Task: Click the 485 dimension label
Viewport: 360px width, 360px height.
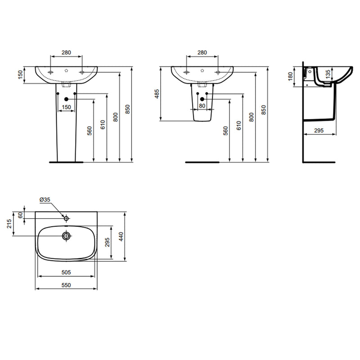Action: coord(157,94)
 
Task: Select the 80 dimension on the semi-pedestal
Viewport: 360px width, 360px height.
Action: coord(202,106)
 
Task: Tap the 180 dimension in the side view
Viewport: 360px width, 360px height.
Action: coord(290,77)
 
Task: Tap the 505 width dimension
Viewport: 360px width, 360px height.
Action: coord(66,273)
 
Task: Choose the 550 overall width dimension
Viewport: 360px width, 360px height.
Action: coord(66,285)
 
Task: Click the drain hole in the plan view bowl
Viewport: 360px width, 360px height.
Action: coord(66,235)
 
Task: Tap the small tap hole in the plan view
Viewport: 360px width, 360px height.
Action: coord(66,218)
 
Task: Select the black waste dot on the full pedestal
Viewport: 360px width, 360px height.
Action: coord(66,99)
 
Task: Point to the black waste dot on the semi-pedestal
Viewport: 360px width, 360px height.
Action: coord(202,99)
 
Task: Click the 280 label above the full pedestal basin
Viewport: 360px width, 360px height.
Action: coord(66,53)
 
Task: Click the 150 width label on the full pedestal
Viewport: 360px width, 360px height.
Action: coord(66,107)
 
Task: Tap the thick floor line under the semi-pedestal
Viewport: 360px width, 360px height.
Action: coord(202,161)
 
